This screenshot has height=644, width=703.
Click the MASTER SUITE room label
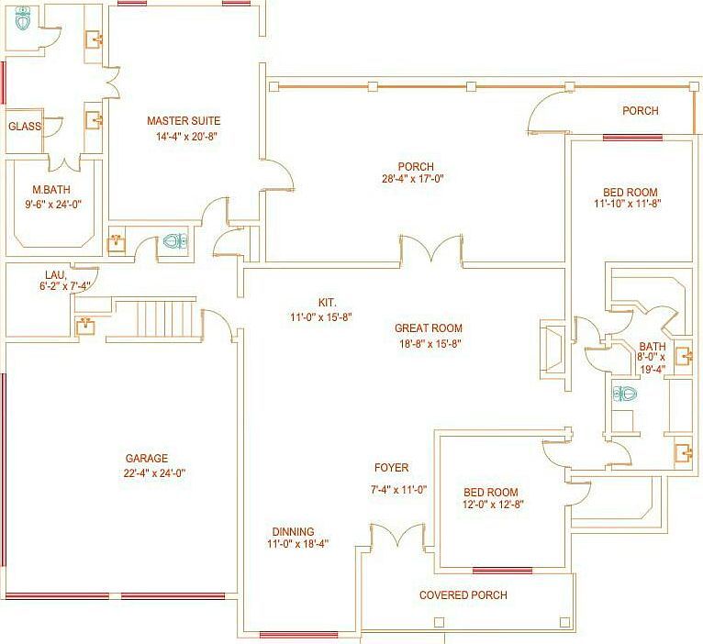point(184,121)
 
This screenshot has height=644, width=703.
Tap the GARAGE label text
point(147,459)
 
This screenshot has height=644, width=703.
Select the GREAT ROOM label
point(429,328)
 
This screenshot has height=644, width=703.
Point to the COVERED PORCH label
point(463,595)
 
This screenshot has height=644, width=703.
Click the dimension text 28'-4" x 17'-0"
point(412,179)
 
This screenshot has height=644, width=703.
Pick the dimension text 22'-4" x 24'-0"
point(155,473)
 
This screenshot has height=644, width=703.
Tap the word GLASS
point(25,127)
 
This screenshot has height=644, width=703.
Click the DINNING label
point(293,532)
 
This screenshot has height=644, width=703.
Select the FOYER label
point(392,468)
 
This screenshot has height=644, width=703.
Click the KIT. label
point(328,303)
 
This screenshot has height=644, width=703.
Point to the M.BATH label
point(51,190)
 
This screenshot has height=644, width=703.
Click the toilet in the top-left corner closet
point(22,18)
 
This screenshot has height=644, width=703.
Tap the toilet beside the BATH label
point(625,394)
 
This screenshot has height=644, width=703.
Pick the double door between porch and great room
point(430,249)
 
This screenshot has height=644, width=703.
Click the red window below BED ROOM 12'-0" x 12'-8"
point(502,571)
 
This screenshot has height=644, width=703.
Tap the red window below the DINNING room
point(298,635)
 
